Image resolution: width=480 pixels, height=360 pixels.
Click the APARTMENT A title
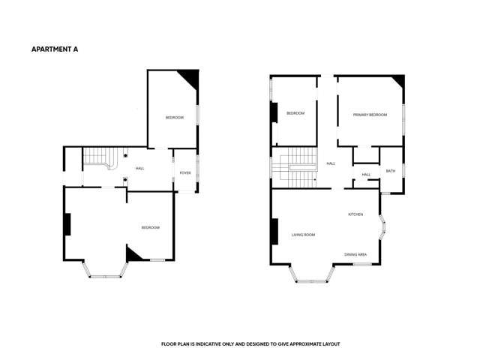pyautogui.click(x=54, y=49)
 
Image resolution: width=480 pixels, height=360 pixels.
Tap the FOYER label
pyautogui.click(x=185, y=173)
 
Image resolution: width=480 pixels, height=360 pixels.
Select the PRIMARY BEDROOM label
pyautogui.click(x=371, y=115)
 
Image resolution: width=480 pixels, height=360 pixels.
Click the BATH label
pyautogui.click(x=391, y=171)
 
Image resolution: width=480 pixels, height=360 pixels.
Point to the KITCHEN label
pyautogui.click(x=355, y=214)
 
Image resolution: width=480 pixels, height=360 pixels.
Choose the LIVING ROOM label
pyautogui.click(x=303, y=235)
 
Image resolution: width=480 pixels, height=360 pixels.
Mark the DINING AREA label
pyautogui.click(x=355, y=254)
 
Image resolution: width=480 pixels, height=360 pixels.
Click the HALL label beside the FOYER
pyautogui.click(x=140, y=168)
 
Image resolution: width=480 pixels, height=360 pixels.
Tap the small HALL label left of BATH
pyautogui.click(x=366, y=175)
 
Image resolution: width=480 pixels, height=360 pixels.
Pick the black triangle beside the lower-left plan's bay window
pyautogui.click(x=133, y=254)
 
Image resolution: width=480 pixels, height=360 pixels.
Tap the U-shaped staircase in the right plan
pyautogui.click(x=294, y=171)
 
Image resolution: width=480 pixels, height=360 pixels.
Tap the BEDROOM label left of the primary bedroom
pyautogui.click(x=295, y=113)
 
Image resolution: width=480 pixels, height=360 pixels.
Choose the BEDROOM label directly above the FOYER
pyautogui.click(x=175, y=118)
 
